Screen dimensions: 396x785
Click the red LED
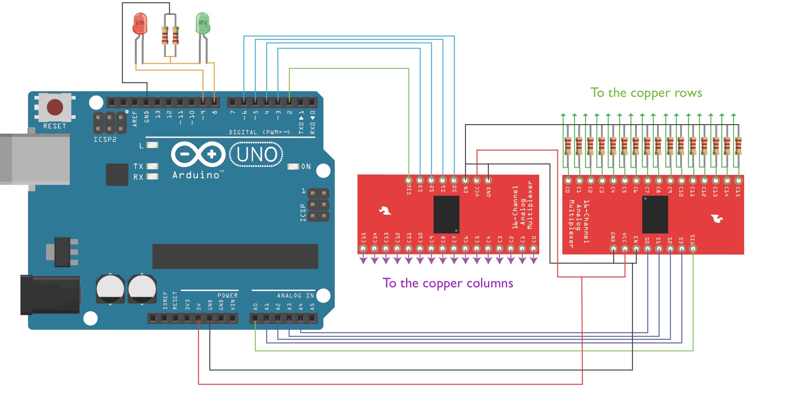pyautogui.click(x=140, y=24)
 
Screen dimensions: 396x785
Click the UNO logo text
pyautogui.click(x=257, y=154)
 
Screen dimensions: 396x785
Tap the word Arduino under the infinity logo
pyautogui.click(x=196, y=175)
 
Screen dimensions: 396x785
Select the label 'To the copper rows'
pyautogui.click(x=646, y=93)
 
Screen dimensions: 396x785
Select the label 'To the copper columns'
pyautogui.click(x=448, y=283)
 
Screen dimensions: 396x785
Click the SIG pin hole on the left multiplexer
pyautogui.click(x=409, y=180)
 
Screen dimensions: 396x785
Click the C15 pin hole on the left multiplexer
pyautogui.click(x=363, y=249)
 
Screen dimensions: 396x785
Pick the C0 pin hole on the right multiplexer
pyautogui.click(x=568, y=181)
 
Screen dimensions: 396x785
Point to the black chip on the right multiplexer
pyautogui.click(x=655, y=215)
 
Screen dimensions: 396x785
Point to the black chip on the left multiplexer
pyautogui.click(x=446, y=215)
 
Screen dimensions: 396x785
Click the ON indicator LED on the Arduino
pyautogui.click(x=293, y=167)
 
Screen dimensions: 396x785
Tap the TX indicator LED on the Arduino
pyautogui.click(x=152, y=166)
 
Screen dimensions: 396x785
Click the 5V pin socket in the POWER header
pyautogui.click(x=198, y=318)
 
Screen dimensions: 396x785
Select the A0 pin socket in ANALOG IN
pyautogui.click(x=255, y=318)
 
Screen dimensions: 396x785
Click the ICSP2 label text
pyautogui.click(x=105, y=140)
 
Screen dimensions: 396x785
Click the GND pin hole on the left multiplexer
pyautogui.click(x=488, y=180)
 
